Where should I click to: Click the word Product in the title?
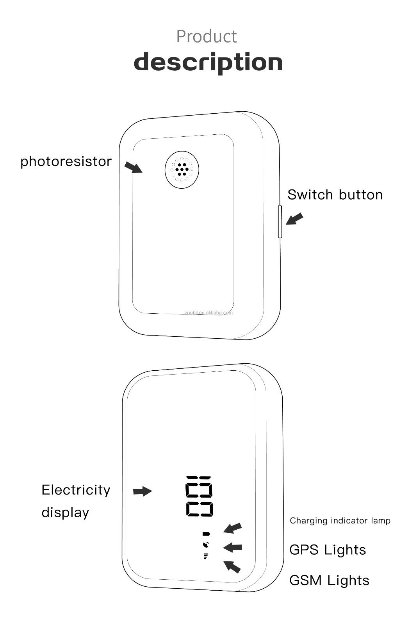[206, 36]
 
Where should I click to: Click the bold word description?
[208, 62]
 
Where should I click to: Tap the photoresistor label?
[66, 161]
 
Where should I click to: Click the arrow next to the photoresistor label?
[134, 167]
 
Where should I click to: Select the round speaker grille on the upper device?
[182, 170]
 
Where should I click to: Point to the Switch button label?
[335, 195]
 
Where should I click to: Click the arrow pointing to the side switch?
[294, 219]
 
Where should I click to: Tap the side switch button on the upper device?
[280, 221]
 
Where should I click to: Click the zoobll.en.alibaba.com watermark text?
[208, 312]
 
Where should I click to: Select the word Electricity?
[76, 490]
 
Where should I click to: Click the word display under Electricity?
[65, 512]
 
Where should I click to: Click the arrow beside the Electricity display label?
[142, 491]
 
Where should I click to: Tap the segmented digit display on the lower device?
[200, 496]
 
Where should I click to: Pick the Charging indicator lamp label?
[340, 521]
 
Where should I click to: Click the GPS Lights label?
[328, 550]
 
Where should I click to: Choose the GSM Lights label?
[329, 580]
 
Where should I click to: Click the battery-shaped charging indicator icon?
[206, 534]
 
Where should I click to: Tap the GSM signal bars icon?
[206, 556]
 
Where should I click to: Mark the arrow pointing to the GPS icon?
[233, 548]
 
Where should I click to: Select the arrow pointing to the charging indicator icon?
[233, 528]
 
